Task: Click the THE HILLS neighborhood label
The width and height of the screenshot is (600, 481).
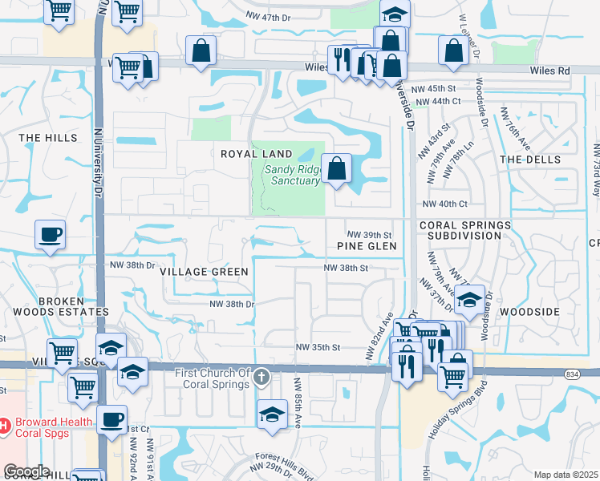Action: point(49,138)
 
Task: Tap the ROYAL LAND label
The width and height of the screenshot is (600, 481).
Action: point(249,153)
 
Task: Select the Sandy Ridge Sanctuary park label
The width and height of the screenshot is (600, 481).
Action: point(292,175)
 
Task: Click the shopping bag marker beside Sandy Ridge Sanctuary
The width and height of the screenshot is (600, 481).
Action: point(337,169)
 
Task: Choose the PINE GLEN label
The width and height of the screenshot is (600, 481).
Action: point(367,246)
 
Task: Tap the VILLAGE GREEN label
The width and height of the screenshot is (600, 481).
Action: point(204,272)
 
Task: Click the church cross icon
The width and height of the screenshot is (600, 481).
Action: point(261,377)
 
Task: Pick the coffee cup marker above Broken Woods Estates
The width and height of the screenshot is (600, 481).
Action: point(50,235)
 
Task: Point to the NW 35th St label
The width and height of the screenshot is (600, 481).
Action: point(318,347)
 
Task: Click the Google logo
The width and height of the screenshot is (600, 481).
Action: point(26,471)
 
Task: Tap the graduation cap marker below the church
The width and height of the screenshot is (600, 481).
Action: point(272,415)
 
